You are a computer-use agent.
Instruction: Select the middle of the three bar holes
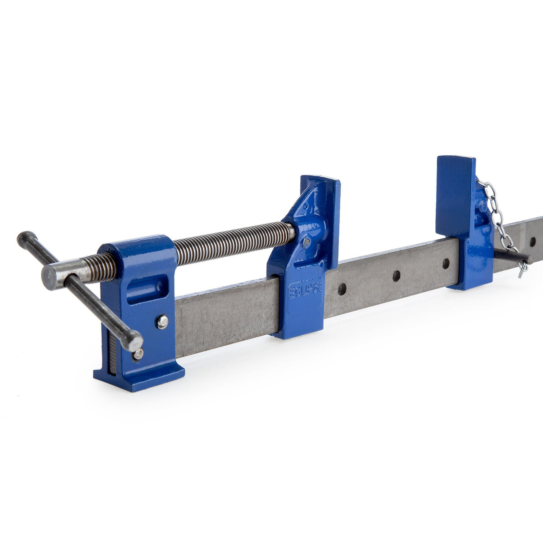pyautogui.click(x=396, y=276)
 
